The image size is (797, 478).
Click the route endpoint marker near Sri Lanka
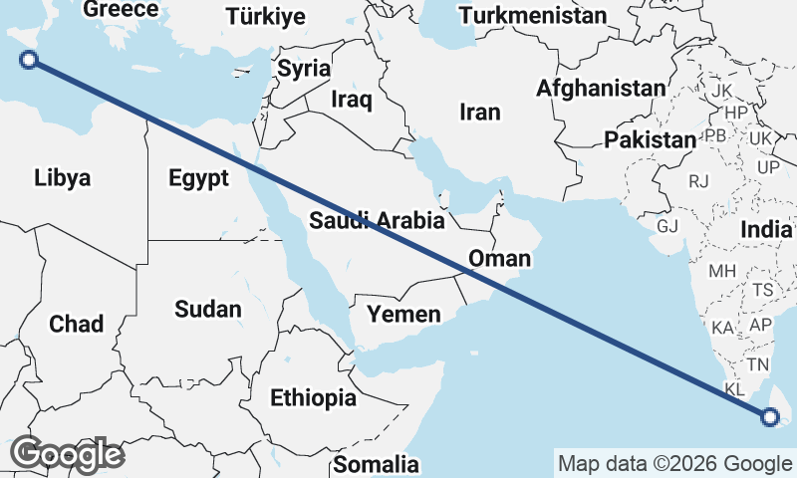[x=770, y=417]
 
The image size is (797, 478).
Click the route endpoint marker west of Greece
[x=30, y=60]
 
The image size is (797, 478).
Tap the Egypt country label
[x=199, y=178]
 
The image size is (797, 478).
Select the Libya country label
[x=62, y=178]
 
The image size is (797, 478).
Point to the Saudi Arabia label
[x=369, y=220]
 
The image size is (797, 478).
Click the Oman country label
[x=499, y=259]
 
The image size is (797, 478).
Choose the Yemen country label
[x=403, y=315]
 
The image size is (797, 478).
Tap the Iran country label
[x=480, y=113]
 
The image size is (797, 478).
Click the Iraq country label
[x=352, y=100]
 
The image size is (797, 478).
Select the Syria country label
[x=304, y=69]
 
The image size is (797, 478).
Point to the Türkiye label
[x=265, y=16]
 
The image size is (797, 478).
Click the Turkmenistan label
[x=532, y=16]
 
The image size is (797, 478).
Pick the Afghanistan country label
[x=601, y=88]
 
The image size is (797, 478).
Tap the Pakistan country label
[x=650, y=139]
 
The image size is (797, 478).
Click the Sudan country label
[x=207, y=309]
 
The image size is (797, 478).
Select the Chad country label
[x=76, y=324]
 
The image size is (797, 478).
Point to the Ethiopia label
[x=313, y=398]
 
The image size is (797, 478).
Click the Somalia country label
[x=376, y=464]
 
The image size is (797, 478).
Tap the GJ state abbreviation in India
[x=667, y=226]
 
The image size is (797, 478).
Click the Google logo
[x=67, y=454]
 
